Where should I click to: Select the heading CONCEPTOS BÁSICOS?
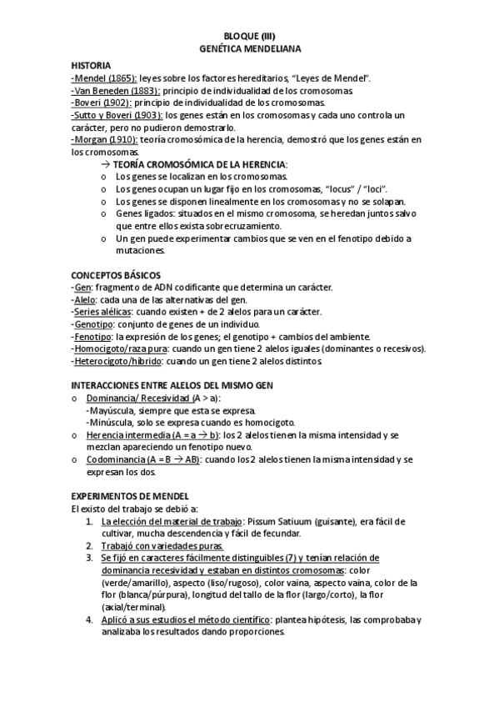[117, 275]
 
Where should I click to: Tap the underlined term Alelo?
[85, 299]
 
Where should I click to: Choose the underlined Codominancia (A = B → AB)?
[143, 459]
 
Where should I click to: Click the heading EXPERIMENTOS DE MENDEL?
[131, 496]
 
